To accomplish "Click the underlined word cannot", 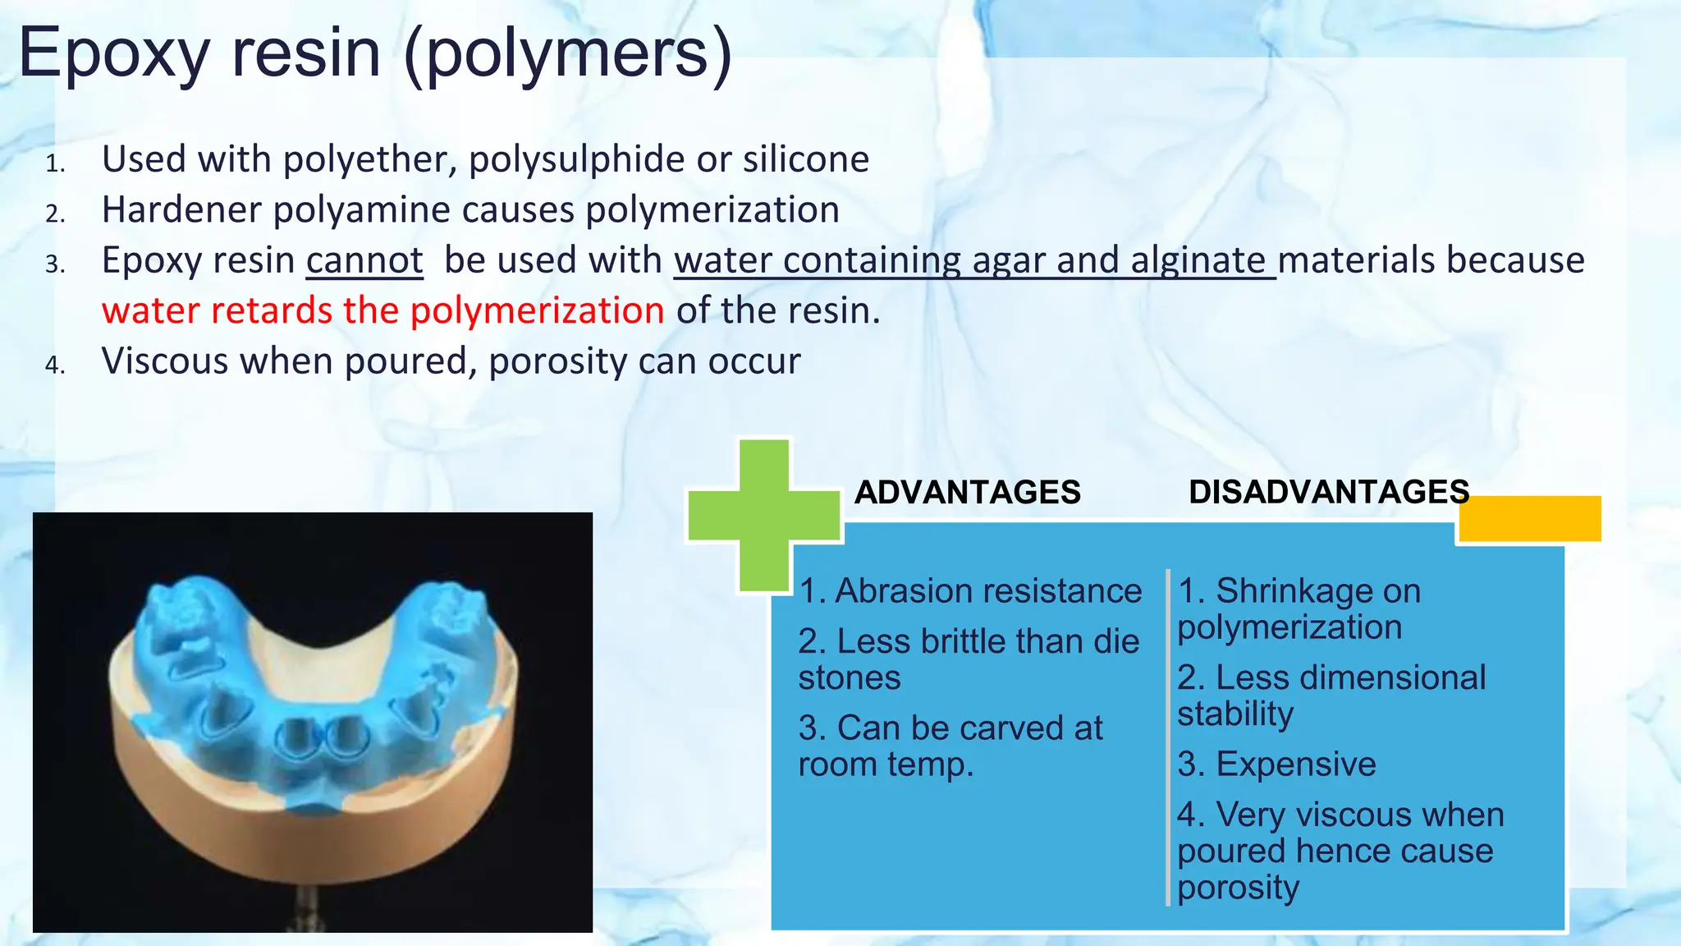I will click(x=364, y=261).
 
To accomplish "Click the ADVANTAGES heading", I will click(x=967, y=492).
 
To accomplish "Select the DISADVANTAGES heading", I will click(x=1328, y=492).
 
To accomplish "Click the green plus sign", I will click(x=764, y=515).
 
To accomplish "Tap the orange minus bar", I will click(x=1530, y=518).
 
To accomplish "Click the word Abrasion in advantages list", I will click(x=901, y=591).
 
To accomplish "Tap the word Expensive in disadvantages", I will click(x=1295, y=765).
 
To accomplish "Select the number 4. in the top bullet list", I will click(x=54, y=365).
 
